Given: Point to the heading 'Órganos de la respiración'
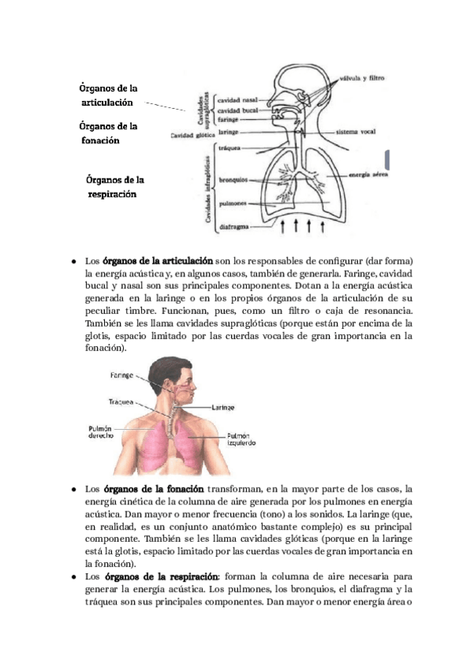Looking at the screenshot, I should pyautogui.click(x=115, y=187).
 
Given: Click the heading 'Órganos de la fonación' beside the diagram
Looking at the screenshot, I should pyautogui.click(x=109, y=133).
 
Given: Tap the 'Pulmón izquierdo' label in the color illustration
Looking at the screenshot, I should pyautogui.click(x=238, y=439).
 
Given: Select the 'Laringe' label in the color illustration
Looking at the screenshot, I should pyautogui.click(x=222, y=407).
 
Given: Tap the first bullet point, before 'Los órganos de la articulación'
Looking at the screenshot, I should pyautogui.click(x=73, y=261).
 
